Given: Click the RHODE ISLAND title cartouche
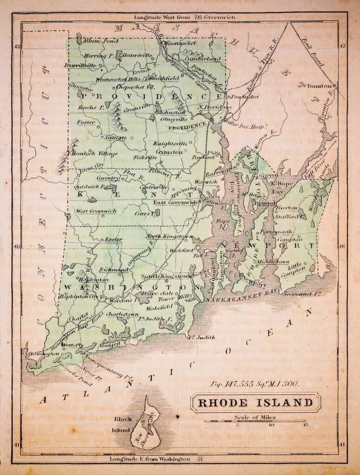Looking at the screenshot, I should (256, 402).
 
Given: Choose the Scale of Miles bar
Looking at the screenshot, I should (256, 421).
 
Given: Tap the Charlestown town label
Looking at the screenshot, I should (123, 314).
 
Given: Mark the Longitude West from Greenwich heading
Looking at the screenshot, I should (185, 17).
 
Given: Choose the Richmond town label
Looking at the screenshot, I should (113, 269).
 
